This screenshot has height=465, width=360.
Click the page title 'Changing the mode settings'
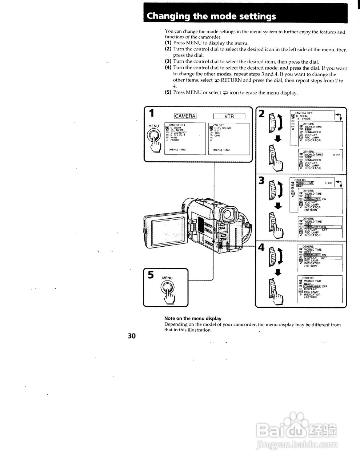pos(211,16)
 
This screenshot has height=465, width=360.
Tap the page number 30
pos(132,336)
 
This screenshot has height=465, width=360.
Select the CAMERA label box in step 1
pos(185,116)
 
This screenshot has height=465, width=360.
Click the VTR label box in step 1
pos(229,116)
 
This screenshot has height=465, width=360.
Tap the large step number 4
pos(261,248)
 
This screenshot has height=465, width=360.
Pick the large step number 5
pos(151,275)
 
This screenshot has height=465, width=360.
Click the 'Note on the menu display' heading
pos(193,319)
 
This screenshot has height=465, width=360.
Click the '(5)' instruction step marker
pos(168,92)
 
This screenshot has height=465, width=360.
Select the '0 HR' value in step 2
pos(336,155)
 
